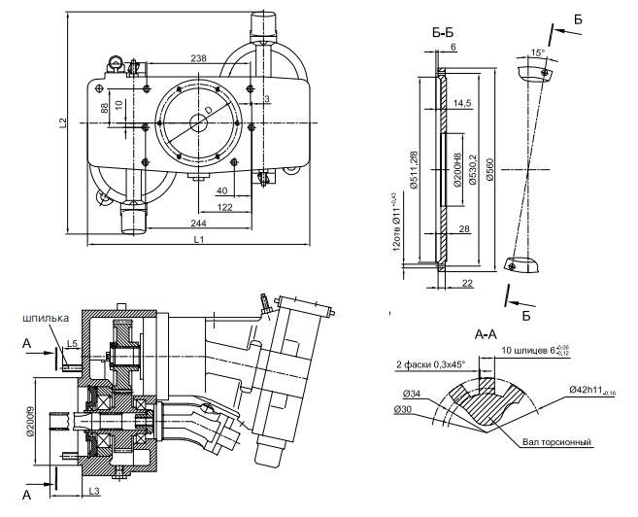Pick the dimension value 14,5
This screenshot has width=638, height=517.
(461, 102)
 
